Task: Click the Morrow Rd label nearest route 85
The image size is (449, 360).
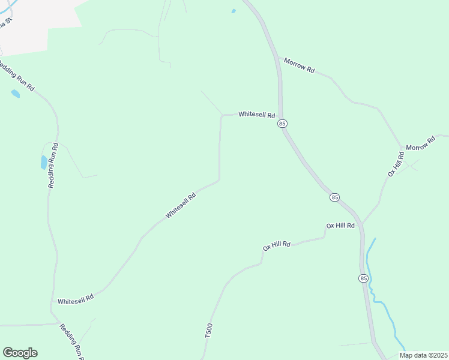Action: [x=300, y=65]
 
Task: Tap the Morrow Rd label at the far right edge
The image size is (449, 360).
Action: [x=420, y=143]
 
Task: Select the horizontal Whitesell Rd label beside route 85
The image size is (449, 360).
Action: [x=256, y=114]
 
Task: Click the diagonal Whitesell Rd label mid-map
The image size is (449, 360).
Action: [x=181, y=206]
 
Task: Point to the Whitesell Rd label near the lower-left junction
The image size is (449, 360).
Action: [x=76, y=298]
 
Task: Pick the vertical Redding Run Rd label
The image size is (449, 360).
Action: [x=53, y=166]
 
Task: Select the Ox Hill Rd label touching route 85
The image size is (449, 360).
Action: [x=340, y=226]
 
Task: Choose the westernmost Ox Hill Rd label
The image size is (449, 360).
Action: [x=277, y=245]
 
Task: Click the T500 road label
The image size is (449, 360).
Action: [x=209, y=332]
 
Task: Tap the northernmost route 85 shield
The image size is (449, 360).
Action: [x=283, y=123]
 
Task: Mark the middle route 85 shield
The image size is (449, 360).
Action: [x=334, y=197]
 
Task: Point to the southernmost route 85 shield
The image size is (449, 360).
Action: [x=363, y=278]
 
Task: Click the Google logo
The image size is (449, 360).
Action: [x=20, y=353]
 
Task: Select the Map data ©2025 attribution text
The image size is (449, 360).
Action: [x=423, y=355]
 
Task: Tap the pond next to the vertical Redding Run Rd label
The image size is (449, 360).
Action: [x=43, y=162]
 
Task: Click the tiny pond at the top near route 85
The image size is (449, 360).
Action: [x=234, y=11]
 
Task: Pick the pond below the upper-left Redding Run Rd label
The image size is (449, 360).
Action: [x=15, y=94]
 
